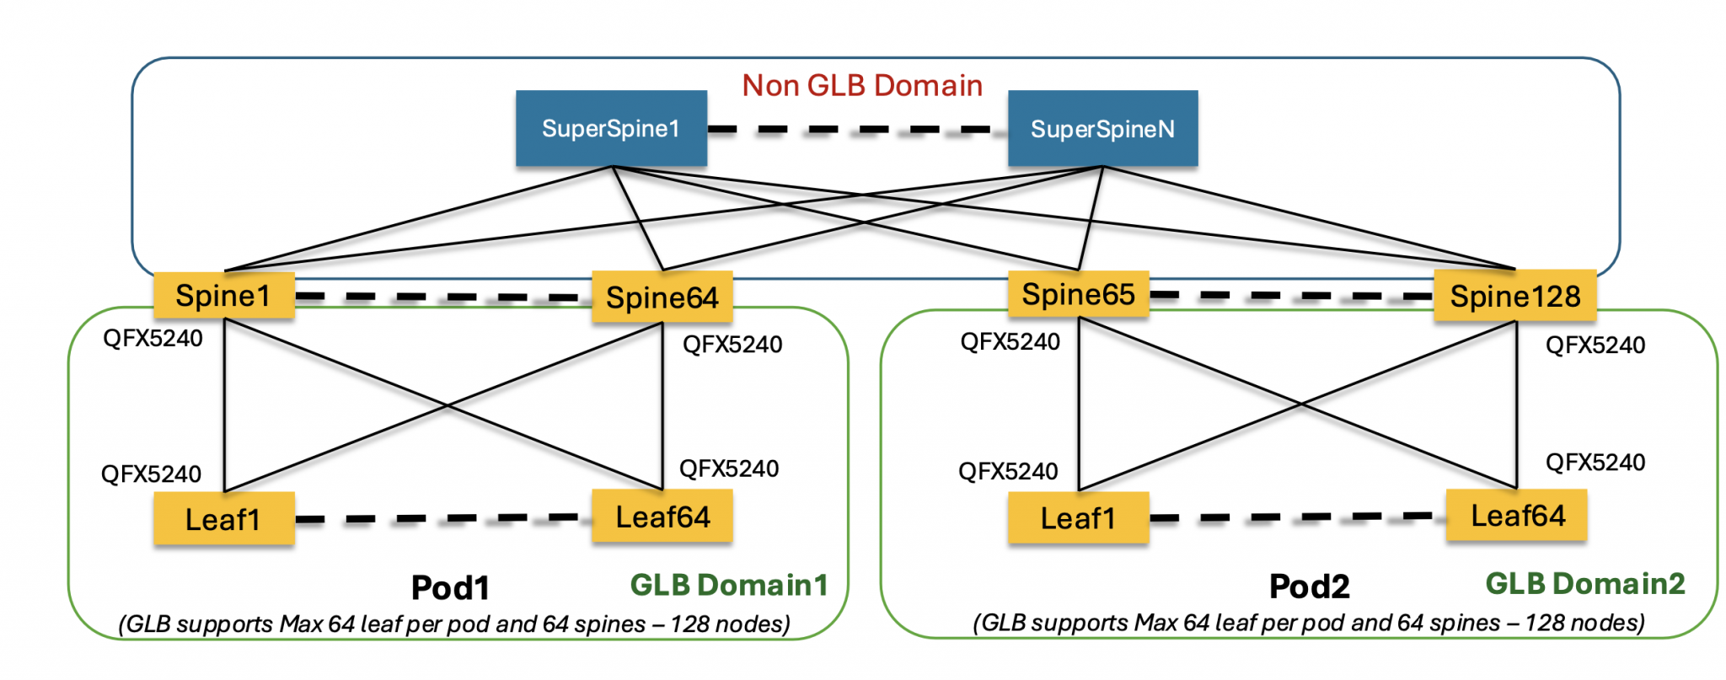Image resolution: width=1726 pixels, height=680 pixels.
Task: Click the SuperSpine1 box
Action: click(611, 128)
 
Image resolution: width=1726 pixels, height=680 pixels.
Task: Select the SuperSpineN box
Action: click(1102, 129)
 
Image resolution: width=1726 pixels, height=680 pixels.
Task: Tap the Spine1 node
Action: click(223, 296)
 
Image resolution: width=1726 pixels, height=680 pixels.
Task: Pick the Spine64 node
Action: click(662, 297)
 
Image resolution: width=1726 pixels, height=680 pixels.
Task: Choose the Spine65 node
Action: click(1078, 294)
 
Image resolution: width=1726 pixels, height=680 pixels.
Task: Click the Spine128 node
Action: click(1514, 296)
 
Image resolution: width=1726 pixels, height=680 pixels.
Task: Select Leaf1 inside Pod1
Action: click(223, 519)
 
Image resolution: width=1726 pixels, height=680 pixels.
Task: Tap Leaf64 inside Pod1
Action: click(662, 517)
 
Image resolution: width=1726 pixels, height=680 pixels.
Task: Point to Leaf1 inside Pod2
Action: click(1078, 517)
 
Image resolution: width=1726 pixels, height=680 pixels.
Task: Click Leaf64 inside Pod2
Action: click(1517, 515)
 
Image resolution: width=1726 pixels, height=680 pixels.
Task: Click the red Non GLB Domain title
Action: click(862, 85)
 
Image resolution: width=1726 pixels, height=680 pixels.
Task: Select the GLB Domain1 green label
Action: click(729, 585)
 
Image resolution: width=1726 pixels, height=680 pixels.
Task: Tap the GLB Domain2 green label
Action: click(1584, 583)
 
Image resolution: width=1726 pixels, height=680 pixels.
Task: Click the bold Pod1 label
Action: click(450, 587)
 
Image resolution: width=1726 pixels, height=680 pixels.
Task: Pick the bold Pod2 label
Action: click(1309, 586)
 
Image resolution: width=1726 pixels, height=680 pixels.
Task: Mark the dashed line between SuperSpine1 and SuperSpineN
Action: click(857, 130)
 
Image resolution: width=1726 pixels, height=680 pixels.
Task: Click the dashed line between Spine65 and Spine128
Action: click(1291, 296)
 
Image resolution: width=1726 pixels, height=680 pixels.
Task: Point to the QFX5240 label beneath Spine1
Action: click(153, 339)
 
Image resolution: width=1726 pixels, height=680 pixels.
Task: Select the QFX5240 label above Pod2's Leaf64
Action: click(1595, 462)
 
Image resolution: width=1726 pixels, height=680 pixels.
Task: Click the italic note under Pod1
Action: click(454, 624)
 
